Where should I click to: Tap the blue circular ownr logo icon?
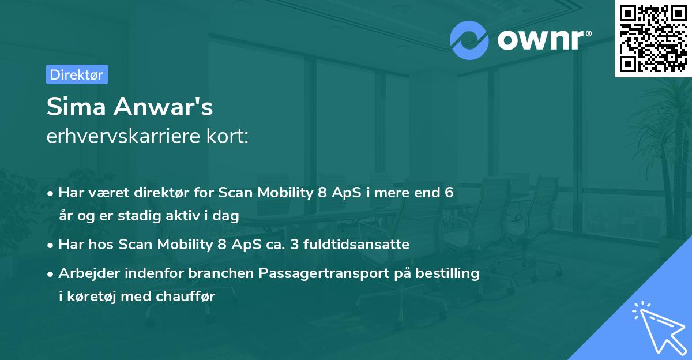coord(469,40)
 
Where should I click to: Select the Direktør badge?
coord(77,74)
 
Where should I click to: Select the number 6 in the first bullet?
coord(449,193)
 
